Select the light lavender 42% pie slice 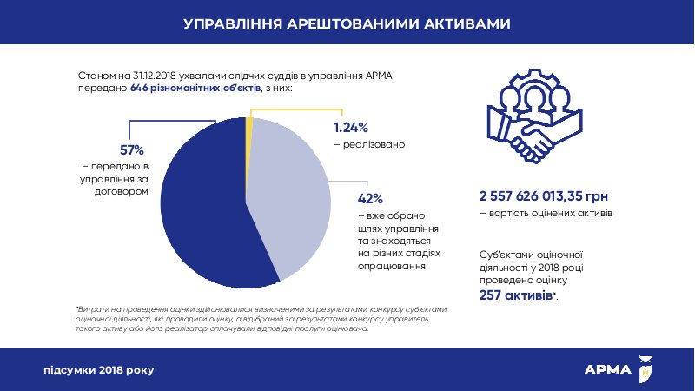point(291,195)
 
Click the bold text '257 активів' point(516,296)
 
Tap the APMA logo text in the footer point(608,369)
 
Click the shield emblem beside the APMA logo point(645,368)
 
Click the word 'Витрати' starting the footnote point(91,308)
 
